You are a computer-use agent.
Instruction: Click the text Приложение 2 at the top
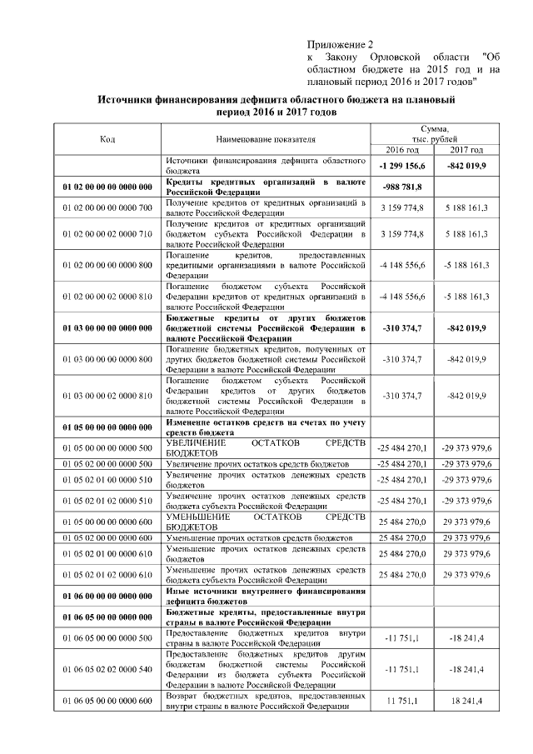[x=341, y=43]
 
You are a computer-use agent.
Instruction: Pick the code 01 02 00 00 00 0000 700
[x=107, y=207]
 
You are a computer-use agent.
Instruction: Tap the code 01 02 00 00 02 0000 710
[x=107, y=234]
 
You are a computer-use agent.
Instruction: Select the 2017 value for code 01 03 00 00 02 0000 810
[x=466, y=396]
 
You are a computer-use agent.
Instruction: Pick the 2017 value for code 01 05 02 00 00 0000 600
[x=466, y=538]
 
